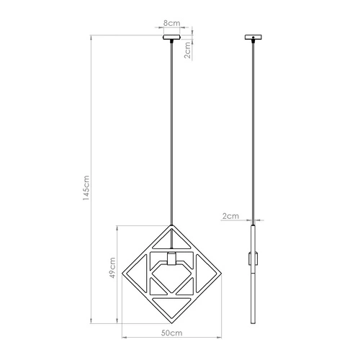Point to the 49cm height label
(112, 271)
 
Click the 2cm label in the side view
(230, 215)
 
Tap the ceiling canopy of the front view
(172, 38)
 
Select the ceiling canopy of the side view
(253, 38)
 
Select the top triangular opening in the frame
(171, 239)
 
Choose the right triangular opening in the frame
(205, 273)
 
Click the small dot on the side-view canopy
(253, 37)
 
